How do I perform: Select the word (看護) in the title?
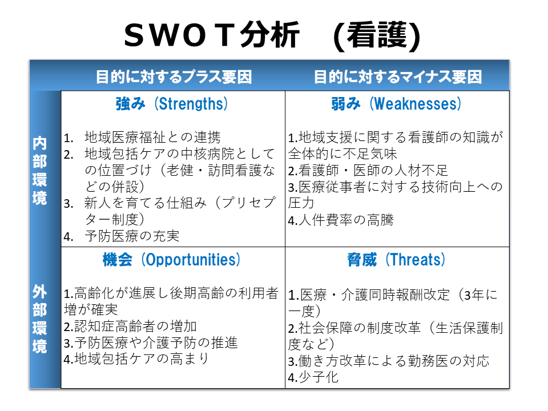377,35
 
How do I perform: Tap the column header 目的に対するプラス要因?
174,76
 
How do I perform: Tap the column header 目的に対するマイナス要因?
398,76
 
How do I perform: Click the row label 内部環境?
39,171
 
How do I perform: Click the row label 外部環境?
39,319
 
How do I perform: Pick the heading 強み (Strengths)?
172,104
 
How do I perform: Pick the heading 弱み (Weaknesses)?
396,104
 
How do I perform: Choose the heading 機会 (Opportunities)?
171,260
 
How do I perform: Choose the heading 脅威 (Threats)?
396,260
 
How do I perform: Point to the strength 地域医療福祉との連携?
152,138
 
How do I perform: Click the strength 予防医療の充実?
132,236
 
